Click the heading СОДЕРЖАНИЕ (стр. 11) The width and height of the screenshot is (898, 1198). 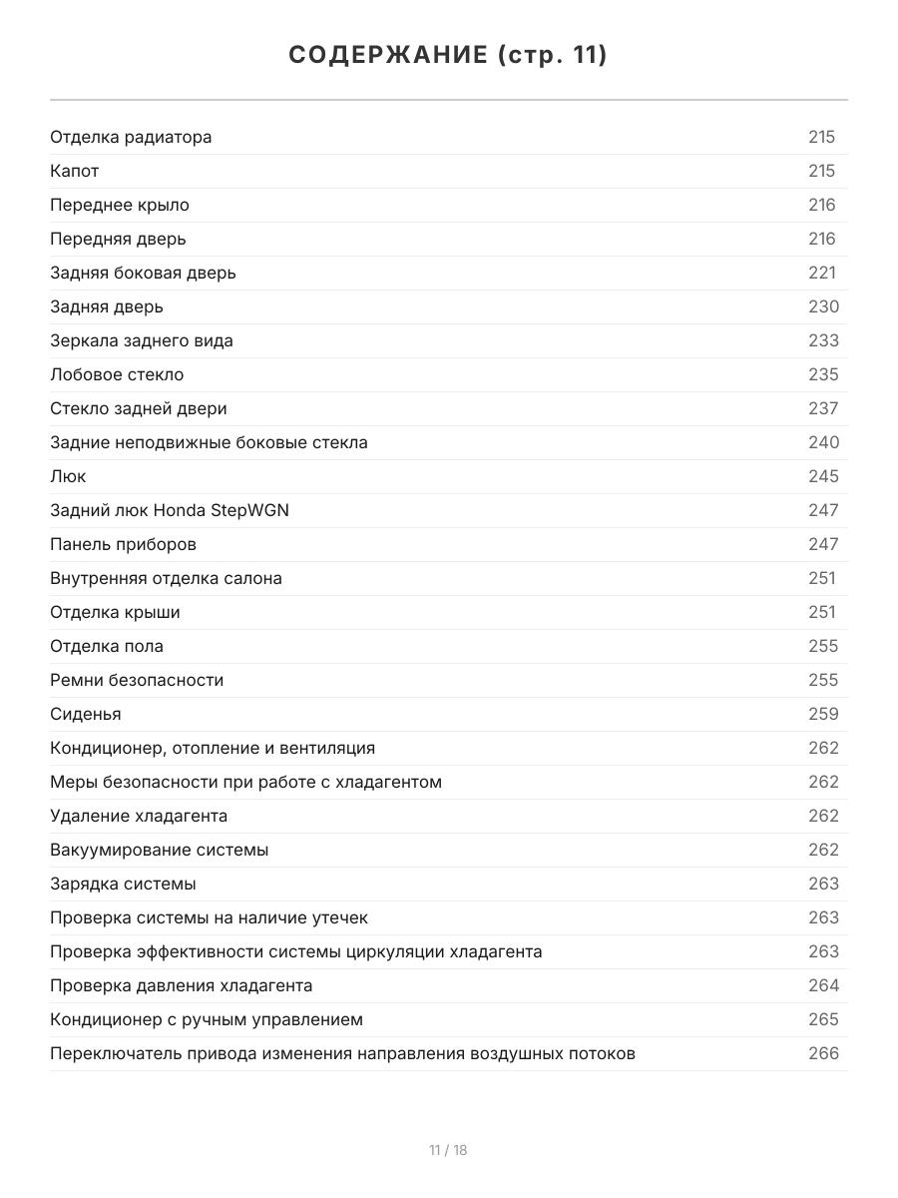(x=448, y=55)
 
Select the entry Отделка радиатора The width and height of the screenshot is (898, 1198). (x=131, y=138)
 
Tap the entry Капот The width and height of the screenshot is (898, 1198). (x=75, y=172)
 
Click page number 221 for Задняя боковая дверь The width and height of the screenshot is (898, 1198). (x=822, y=274)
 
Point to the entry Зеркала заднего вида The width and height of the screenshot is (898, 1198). (x=142, y=341)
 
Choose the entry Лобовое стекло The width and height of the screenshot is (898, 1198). (x=117, y=375)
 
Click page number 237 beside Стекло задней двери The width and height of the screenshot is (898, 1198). (x=823, y=409)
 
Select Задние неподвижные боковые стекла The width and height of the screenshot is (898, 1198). (x=209, y=443)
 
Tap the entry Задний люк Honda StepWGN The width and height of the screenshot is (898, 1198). (x=170, y=511)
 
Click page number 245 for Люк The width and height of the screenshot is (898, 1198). (x=823, y=477)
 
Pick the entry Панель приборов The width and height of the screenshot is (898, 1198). (x=123, y=545)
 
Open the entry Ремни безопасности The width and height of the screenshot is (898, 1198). (x=137, y=681)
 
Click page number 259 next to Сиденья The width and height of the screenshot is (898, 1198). (x=823, y=715)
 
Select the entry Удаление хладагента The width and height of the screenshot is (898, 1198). (x=139, y=817)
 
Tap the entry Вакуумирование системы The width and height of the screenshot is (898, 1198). (x=160, y=851)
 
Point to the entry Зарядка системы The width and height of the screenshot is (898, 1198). (x=123, y=885)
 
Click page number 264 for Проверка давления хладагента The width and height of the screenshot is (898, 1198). (x=823, y=986)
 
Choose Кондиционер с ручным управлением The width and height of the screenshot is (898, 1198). (x=207, y=1020)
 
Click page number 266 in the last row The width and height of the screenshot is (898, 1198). (x=823, y=1054)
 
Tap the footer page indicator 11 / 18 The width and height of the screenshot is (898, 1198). (x=448, y=1151)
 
